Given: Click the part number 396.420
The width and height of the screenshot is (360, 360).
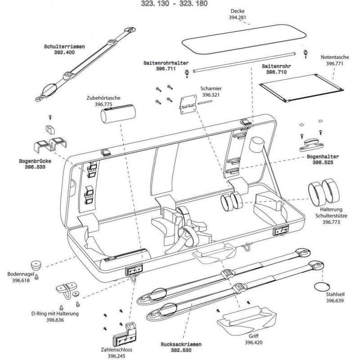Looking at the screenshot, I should [x=253, y=342].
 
